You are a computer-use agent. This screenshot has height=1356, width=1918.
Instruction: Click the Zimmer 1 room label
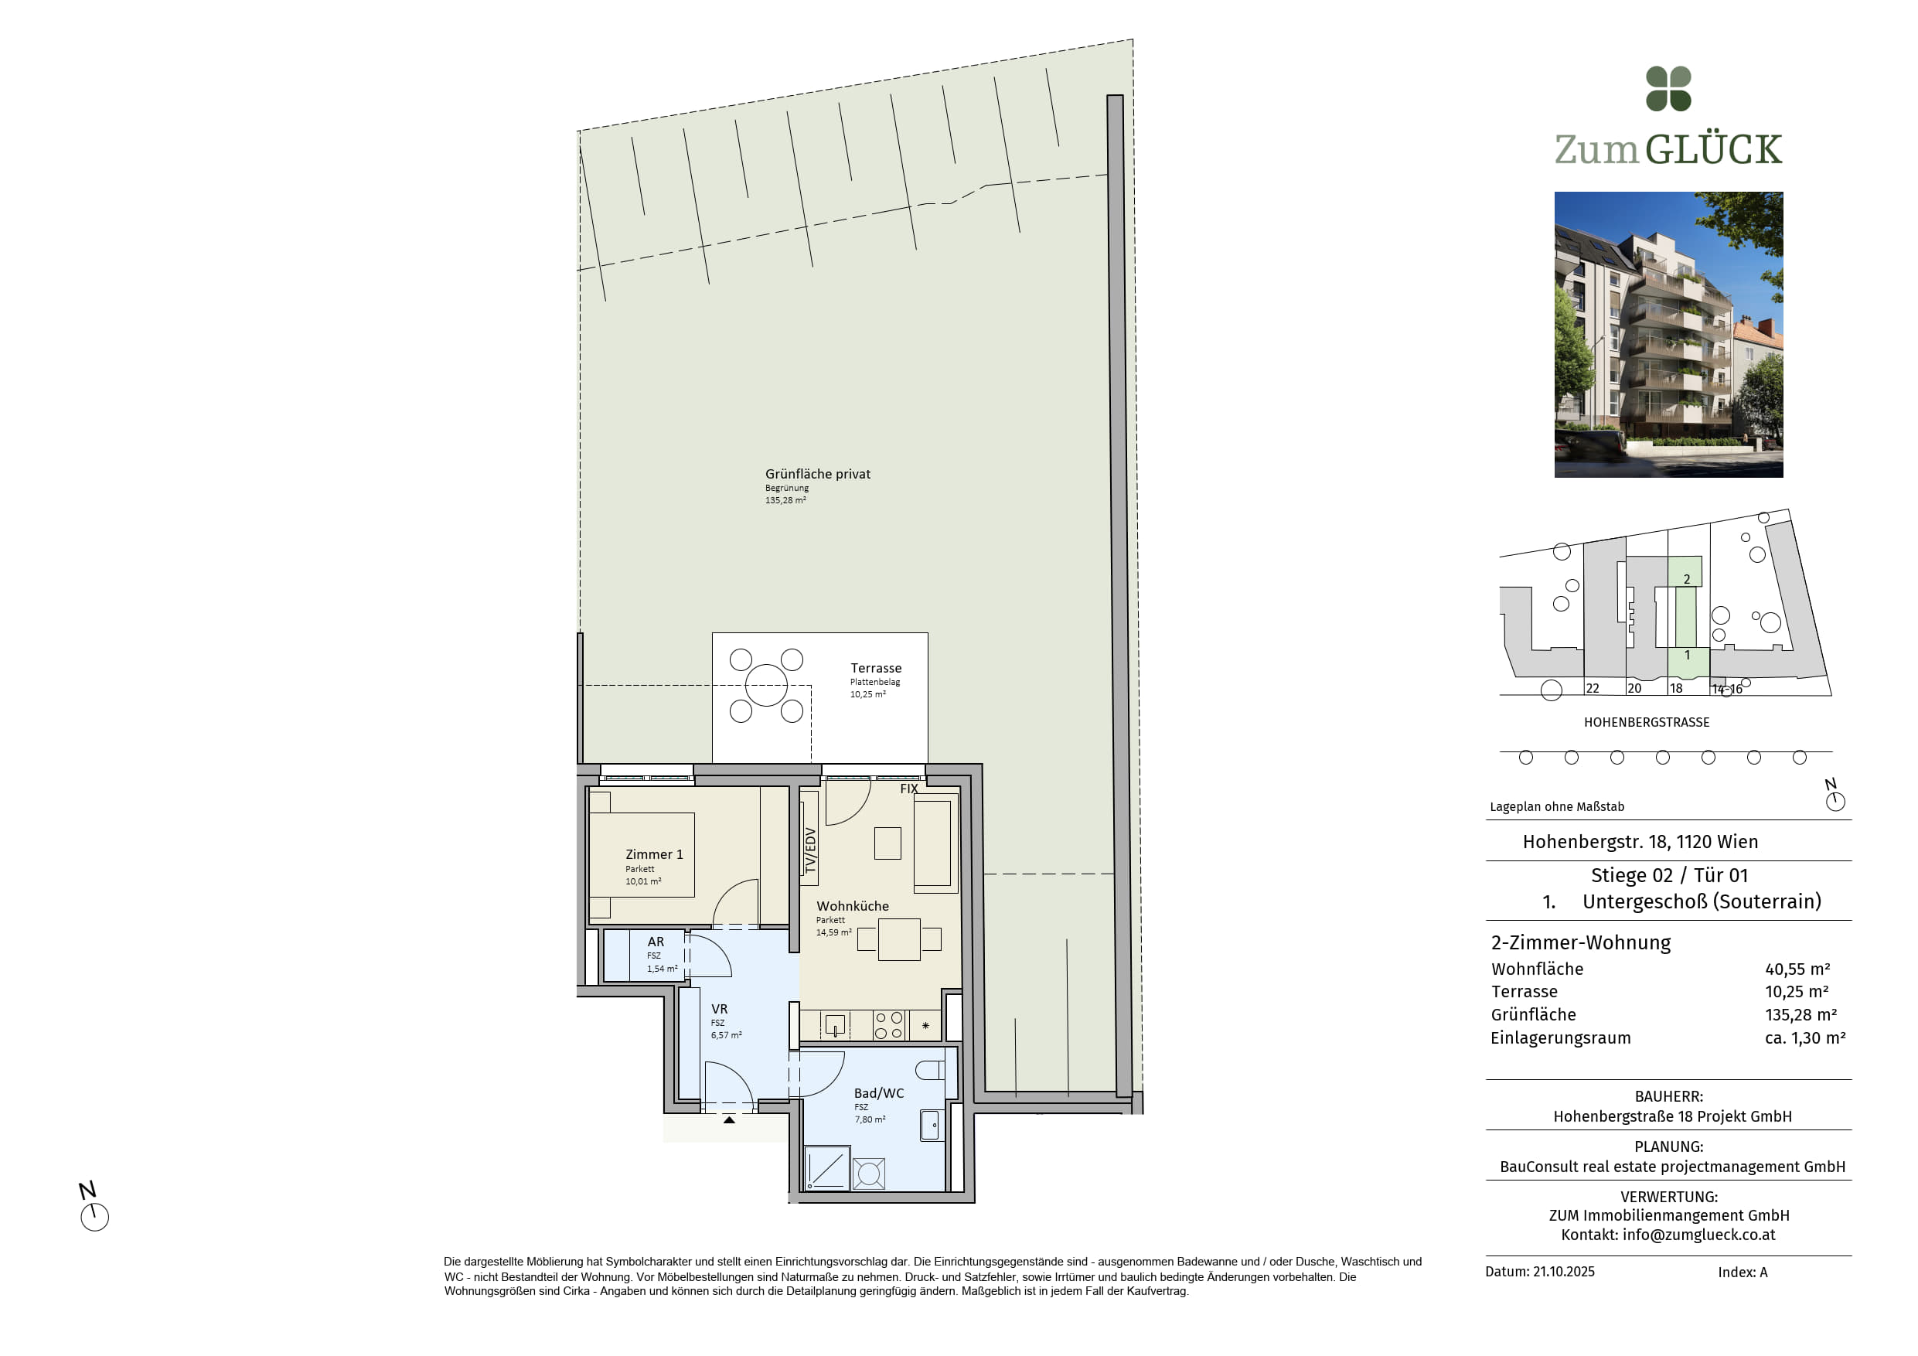click(x=654, y=853)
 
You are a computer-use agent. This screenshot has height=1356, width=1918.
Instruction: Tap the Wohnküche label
click(x=852, y=905)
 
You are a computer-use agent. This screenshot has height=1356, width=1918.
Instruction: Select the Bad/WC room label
click(x=878, y=1093)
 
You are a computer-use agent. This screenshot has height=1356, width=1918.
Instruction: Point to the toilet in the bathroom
click(x=929, y=1070)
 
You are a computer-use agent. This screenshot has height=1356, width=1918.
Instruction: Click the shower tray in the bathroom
click(x=826, y=1168)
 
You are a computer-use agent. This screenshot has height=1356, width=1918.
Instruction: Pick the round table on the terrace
click(x=766, y=685)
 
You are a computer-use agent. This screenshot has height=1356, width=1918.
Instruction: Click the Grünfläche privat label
click(x=817, y=474)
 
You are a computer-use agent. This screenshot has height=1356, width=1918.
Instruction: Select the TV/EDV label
click(x=809, y=850)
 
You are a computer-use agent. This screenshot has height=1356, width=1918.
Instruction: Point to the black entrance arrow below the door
click(x=729, y=1119)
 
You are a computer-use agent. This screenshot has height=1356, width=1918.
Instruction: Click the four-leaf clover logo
click(x=1668, y=89)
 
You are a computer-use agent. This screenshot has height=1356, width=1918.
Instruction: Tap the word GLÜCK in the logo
click(x=1713, y=148)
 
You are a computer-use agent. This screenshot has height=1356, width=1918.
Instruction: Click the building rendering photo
click(x=1668, y=334)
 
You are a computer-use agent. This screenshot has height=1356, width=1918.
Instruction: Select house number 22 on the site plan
click(x=1593, y=689)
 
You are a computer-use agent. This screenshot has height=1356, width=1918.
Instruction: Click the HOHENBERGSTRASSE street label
click(x=1647, y=722)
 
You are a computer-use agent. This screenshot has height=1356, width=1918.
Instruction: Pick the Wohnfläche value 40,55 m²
click(x=1797, y=969)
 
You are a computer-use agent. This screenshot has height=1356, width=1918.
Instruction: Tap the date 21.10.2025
click(x=1563, y=1272)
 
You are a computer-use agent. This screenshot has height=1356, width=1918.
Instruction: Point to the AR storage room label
click(x=655, y=942)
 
